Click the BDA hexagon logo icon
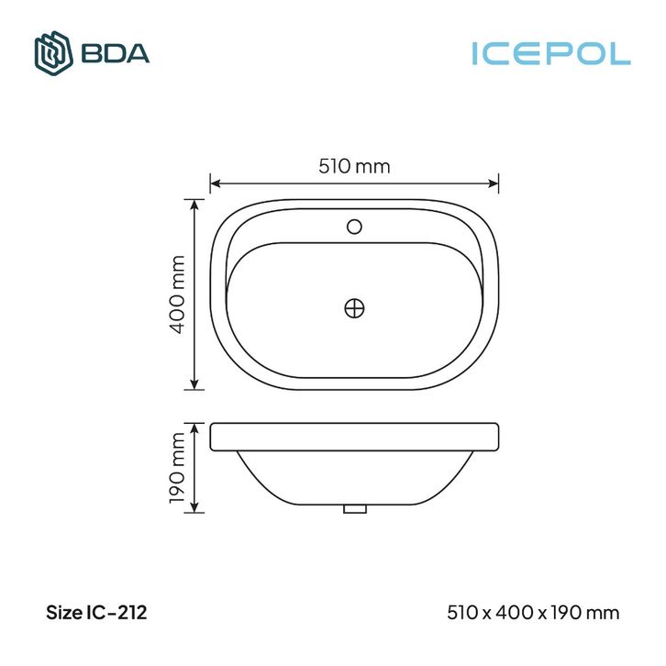[53, 53]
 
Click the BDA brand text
[115, 53]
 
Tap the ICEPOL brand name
[551, 53]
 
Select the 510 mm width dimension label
[354, 166]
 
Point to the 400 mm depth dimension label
[177, 294]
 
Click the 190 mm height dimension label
[177, 468]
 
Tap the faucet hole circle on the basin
[354, 227]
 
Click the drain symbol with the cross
[354, 308]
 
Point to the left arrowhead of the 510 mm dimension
[216, 183]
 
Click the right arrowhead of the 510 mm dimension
[494, 183]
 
